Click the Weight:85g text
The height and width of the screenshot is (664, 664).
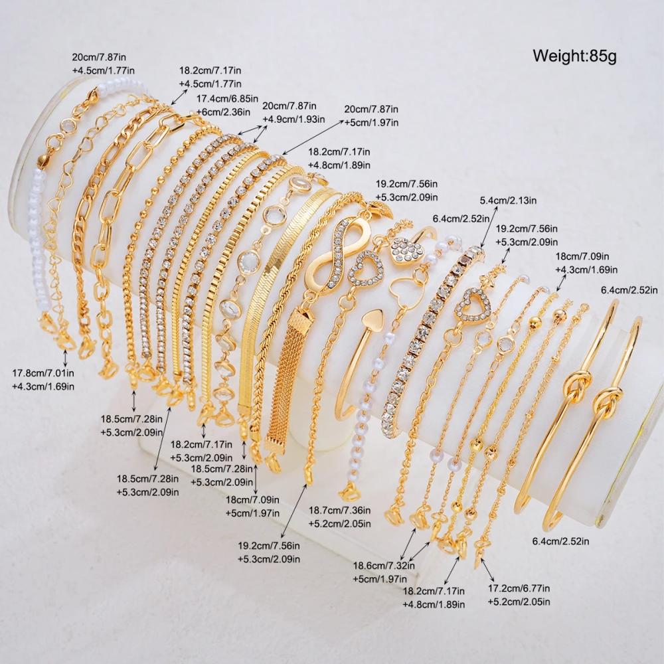[574, 56]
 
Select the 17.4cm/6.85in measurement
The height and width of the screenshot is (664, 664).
[227, 99]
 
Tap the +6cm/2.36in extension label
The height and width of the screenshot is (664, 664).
[222, 112]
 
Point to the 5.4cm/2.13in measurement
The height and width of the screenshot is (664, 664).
[508, 200]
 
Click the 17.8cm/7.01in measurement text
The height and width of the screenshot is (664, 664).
[42, 373]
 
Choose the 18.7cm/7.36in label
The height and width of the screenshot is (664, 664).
[339, 510]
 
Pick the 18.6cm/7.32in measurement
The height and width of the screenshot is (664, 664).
[384, 565]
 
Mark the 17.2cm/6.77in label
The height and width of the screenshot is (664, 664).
[519, 588]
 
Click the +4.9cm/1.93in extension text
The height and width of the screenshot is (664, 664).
[293, 119]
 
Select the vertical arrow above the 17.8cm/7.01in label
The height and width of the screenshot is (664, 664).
[65, 358]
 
